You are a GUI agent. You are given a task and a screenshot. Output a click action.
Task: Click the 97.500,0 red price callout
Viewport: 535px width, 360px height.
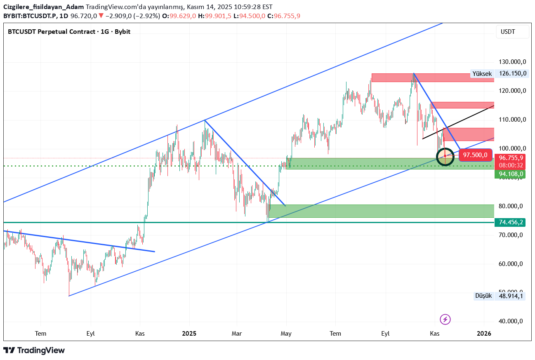475,155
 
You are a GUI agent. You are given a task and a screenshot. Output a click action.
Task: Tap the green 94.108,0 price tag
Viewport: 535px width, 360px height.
511,174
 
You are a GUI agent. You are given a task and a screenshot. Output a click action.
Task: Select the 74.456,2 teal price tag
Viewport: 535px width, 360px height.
511,222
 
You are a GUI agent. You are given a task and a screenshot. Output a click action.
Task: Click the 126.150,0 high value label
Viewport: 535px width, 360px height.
512,74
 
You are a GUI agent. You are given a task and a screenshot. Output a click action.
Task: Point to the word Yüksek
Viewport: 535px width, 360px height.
482,74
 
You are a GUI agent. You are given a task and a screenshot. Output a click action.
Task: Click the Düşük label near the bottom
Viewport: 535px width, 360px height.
483,296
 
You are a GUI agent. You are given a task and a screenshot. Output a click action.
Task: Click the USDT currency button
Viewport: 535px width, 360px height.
512,32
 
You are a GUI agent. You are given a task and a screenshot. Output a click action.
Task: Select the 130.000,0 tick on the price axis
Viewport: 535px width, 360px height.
512,62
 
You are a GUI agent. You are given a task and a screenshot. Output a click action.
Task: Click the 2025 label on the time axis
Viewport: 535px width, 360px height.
189,333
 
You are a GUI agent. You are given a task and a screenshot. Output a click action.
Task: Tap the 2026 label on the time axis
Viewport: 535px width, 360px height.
484,333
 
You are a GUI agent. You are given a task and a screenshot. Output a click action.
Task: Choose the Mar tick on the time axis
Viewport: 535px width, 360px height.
237,333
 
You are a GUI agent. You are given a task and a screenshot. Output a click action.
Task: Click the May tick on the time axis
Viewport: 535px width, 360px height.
286,333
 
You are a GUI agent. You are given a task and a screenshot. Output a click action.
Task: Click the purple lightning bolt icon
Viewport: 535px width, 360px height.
445,319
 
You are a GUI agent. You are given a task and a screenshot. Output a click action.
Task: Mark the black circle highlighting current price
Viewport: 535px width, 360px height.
445,156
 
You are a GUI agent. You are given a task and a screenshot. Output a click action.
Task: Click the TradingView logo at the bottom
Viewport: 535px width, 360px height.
35,350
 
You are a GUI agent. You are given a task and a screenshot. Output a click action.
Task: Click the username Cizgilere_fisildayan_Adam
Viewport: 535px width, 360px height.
43,7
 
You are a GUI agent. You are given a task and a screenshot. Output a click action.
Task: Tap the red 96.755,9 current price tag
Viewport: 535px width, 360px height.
511,158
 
